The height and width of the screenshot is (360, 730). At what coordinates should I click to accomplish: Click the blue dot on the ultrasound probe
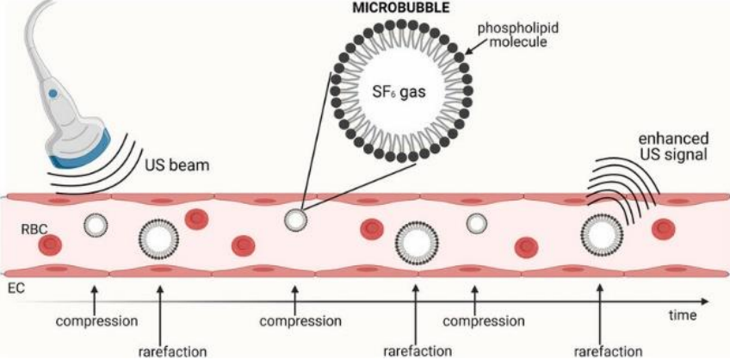pyautogui.click(x=53, y=91)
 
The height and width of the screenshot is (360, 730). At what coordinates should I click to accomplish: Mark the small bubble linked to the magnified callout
pyautogui.click(x=295, y=220)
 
